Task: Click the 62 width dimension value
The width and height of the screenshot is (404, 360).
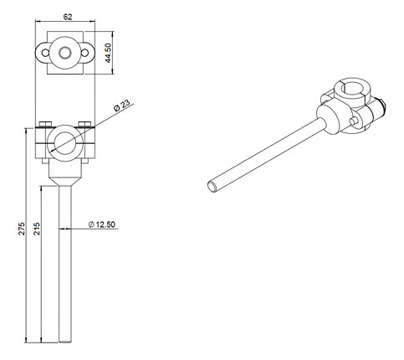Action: point(68,17)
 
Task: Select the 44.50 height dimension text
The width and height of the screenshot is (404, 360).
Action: point(108,53)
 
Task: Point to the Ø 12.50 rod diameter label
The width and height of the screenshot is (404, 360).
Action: point(102,224)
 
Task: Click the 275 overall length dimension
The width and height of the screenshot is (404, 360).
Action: point(22,229)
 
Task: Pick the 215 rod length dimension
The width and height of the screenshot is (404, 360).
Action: point(37,229)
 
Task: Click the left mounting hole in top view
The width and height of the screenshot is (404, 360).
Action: point(45,53)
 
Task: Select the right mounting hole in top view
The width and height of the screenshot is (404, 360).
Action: point(84,53)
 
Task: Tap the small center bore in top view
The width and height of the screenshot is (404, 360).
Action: point(65,53)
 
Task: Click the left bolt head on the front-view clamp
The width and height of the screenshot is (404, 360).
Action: point(45,124)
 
